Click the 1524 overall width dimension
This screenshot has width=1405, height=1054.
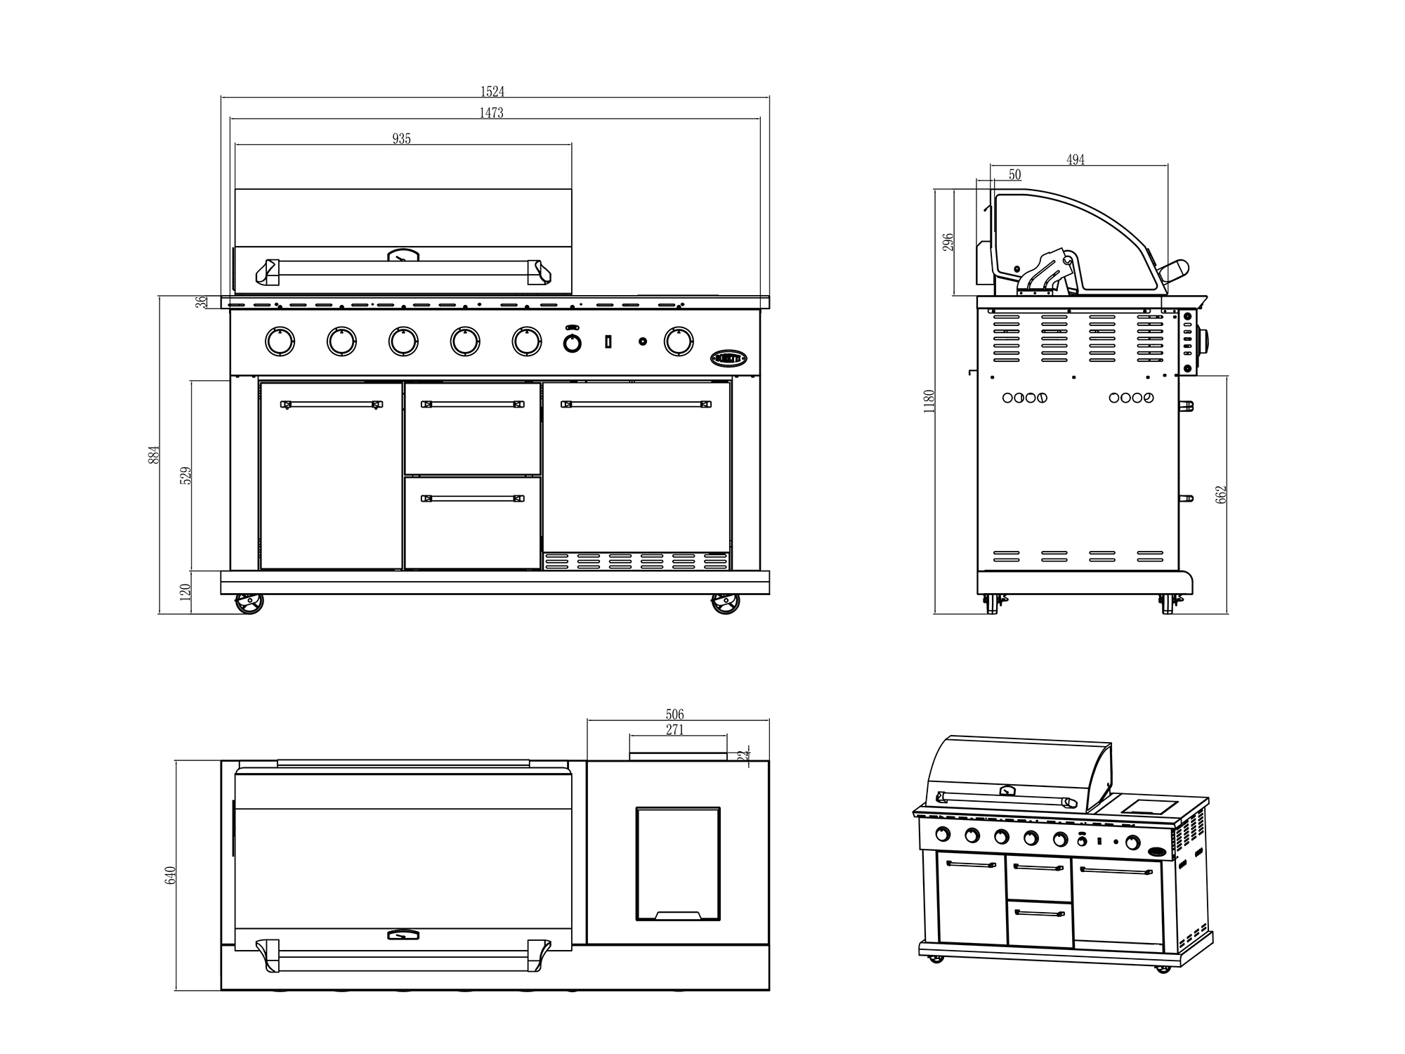pos(492,91)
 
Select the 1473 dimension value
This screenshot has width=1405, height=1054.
pos(492,112)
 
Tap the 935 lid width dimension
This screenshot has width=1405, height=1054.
pos(401,138)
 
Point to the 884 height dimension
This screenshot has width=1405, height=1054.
pos(155,454)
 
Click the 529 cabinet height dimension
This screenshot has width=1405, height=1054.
pos(186,476)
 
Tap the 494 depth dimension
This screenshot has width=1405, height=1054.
pos(1076,160)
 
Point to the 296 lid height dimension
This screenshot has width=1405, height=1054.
pos(948,243)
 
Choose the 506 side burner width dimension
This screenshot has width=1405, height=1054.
pos(674,715)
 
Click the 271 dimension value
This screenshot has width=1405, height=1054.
pos(674,729)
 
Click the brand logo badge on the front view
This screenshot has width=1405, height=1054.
pos(728,358)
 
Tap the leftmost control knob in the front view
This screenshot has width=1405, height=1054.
pos(280,341)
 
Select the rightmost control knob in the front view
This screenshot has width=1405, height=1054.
pos(679,341)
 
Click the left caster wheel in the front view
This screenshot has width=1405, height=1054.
pos(249,604)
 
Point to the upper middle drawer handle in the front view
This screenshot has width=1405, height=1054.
pos(473,404)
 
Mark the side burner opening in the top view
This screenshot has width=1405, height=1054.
pos(678,864)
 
